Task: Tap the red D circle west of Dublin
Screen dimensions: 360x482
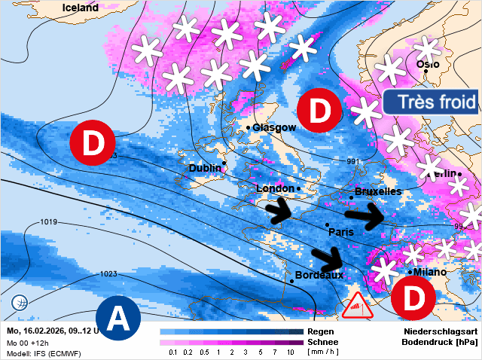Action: pos(92,142)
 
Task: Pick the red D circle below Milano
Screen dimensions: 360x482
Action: pos(413,298)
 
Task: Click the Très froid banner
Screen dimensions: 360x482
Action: pos(430,102)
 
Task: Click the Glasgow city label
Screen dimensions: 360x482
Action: pos(274,128)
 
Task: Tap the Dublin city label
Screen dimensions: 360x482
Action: pos(206,168)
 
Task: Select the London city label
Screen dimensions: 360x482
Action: pos(275,188)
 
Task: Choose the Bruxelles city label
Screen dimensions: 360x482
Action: pos(378,192)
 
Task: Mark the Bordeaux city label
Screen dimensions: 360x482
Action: pos(319,276)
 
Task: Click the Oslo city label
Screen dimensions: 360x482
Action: pos(428,64)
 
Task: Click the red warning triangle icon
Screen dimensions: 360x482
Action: pos(357,307)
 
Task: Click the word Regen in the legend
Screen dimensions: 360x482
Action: pos(322,331)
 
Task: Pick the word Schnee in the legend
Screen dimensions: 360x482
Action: pos(323,342)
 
